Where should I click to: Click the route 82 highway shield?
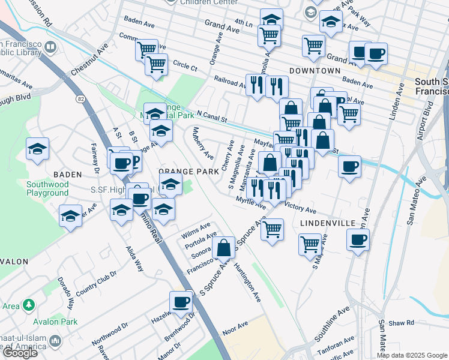(x=80, y=98)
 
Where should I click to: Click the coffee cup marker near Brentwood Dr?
(x=180, y=302)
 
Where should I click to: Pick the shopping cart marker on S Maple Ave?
(x=310, y=243)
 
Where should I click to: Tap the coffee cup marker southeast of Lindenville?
(x=358, y=239)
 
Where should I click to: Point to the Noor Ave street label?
(x=235, y=326)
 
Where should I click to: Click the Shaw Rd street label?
(x=401, y=323)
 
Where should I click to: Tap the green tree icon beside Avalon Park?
(x=28, y=305)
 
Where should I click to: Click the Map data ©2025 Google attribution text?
(x=411, y=355)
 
